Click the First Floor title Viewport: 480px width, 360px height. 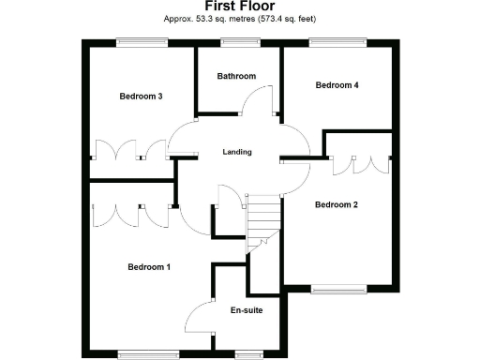[x=239, y=7]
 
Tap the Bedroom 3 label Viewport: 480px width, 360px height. [x=141, y=96]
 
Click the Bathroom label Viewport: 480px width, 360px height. [x=236, y=76]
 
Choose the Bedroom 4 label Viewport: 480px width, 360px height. [x=337, y=85]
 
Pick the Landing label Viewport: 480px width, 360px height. [x=236, y=151]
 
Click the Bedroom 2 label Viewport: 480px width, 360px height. [x=337, y=204]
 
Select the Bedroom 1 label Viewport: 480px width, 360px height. [x=149, y=267]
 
